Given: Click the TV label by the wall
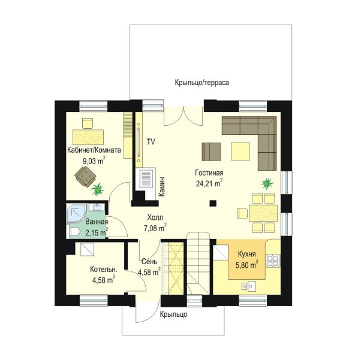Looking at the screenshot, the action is coord(151,142).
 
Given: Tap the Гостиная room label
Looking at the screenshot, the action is coord(209,173).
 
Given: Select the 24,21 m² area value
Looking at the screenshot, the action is coord(209,183).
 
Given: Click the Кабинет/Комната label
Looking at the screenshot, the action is coord(94,150).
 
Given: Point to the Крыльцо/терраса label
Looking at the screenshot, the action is coord(202,82).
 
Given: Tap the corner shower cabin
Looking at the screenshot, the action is coord(76,213).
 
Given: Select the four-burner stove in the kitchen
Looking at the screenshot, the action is coord(273,261).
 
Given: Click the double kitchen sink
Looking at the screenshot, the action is coord(248,286).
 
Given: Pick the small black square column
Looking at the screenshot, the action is coord(213,203).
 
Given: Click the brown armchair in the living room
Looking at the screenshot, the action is coord(211,152).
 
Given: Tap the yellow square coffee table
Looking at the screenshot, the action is coord(240,152).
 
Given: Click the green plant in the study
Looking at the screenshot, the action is coord(98,189).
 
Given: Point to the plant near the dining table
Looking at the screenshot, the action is coord(267,183).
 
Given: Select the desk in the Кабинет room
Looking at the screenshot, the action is coord(88,137).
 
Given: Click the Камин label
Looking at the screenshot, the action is coord(162,186).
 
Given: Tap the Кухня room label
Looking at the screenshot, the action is coord(247,254).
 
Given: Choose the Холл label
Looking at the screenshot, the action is coord(155,217).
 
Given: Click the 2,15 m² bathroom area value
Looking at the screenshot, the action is coord(97,232).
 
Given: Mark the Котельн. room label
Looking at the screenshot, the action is coord(104,270).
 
